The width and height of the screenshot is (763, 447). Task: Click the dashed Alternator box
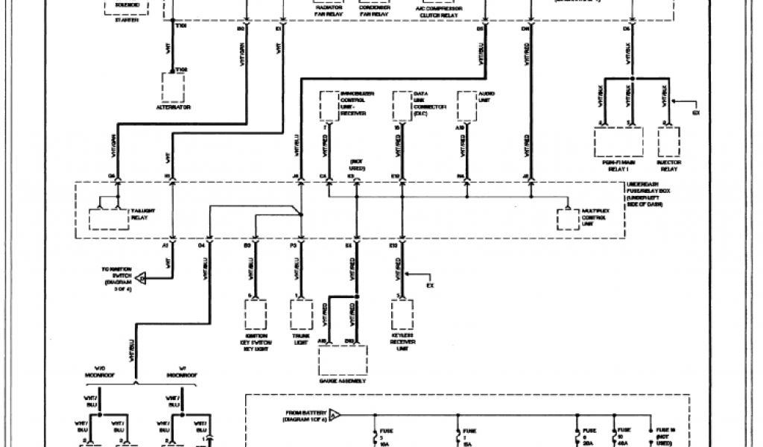pos(173,88)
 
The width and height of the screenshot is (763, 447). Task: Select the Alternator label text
pos(173,108)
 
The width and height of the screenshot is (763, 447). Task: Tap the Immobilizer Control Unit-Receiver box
pos(329,105)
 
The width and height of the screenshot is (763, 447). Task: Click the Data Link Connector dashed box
pos(402,105)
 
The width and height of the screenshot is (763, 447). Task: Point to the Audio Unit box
pos(466,105)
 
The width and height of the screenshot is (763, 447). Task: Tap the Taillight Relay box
pos(109,219)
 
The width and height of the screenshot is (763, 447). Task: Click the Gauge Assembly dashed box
pos(343,361)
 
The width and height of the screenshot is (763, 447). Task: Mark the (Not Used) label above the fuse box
pos(356,165)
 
